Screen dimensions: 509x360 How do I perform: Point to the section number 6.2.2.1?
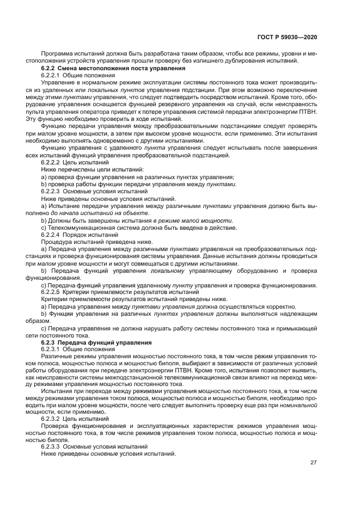51,75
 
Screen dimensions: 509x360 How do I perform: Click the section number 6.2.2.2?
51,163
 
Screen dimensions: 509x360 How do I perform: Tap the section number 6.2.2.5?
51,291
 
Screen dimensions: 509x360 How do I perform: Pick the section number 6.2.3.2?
51,419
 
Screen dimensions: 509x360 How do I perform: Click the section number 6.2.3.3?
51,446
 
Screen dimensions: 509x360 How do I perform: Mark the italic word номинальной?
298,404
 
